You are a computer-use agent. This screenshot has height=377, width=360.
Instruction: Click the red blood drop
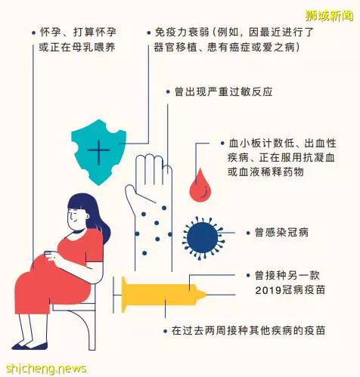tap(200, 187)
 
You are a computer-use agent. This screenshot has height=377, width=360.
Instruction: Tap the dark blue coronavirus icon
tap(203, 238)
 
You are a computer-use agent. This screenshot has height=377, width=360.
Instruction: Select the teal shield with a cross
tap(98, 152)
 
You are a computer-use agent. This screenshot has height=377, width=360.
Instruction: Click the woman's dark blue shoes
tap(29, 346)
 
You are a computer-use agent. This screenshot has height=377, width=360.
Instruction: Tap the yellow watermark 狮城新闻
tap(329, 16)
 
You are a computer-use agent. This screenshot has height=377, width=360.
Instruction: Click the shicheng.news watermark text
tap(46, 369)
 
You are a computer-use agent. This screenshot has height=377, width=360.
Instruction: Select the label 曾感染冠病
tap(281, 232)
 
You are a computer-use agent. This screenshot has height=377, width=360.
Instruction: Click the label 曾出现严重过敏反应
tap(223, 91)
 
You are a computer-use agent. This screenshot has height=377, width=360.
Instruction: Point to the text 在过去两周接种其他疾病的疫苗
tap(248, 330)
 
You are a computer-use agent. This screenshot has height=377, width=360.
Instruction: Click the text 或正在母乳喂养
tap(77, 47)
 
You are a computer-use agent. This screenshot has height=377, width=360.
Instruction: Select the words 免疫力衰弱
tap(182, 32)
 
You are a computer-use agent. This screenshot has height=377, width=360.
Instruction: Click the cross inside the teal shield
tap(98, 150)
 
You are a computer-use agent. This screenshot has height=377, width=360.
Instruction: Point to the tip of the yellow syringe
tap(205, 294)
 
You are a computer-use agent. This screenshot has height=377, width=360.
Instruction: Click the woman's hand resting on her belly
tap(51, 255)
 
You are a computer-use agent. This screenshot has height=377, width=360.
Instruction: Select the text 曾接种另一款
tap(287, 275)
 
